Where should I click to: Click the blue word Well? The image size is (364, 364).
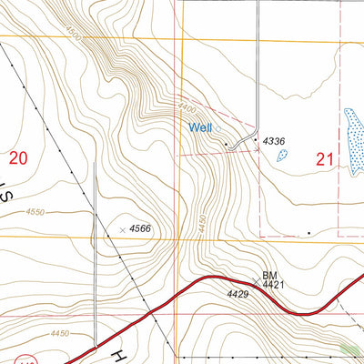tap(201, 128)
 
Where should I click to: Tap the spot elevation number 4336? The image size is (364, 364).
tap(274, 142)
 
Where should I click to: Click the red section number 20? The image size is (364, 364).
tap(18, 158)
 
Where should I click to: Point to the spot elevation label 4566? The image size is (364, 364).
tap(140, 228)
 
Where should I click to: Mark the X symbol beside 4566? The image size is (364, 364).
tap(122, 228)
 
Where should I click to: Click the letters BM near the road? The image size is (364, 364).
tap(269, 274)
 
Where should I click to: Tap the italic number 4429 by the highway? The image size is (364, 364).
tap(238, 294)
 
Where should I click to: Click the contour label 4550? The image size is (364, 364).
tap(35, 212)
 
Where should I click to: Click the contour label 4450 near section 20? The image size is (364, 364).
tap(60, 334)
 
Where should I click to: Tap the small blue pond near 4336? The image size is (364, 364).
tap(282, 156)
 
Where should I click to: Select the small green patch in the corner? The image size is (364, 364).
tap(349, 348)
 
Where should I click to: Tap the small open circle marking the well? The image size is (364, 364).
tap(225, 144)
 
